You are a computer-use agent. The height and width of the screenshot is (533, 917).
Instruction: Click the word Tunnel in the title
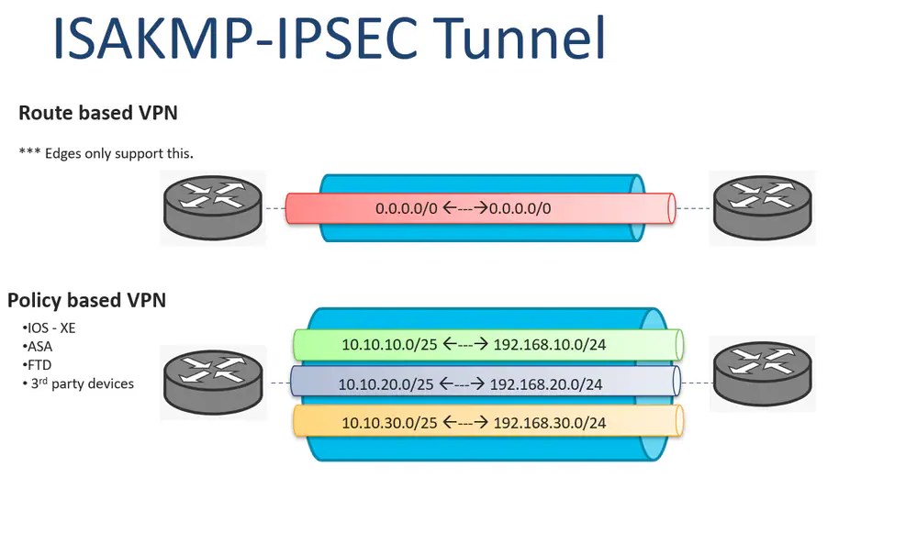pyautogui.click(x=520, y=39)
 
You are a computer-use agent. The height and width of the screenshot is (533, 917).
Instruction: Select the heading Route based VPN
pyautogui.click(x=98, y=113)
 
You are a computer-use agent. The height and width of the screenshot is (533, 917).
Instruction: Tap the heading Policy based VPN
pyautogui.click(x=86, y=300)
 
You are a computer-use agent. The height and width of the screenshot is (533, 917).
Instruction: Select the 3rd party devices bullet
pyautogui.click(x=79, y=383)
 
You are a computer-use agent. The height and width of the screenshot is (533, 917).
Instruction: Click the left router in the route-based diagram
pyautogui.click(x=212, y=208)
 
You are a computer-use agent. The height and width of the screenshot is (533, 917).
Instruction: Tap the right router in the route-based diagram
pyautogui.click(x=763, y=208)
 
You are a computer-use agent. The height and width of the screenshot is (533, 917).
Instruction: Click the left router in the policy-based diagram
pyautogui.click(x=212, y=382)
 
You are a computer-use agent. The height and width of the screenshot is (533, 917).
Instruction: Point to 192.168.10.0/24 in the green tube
pyautogui.click(x=550, y=345)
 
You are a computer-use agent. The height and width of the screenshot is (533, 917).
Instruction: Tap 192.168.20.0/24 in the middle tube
pyautogui.click(x=546, y=384)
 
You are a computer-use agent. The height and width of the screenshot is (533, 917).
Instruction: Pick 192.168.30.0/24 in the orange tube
pyautogui.click(x=550, y=423)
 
